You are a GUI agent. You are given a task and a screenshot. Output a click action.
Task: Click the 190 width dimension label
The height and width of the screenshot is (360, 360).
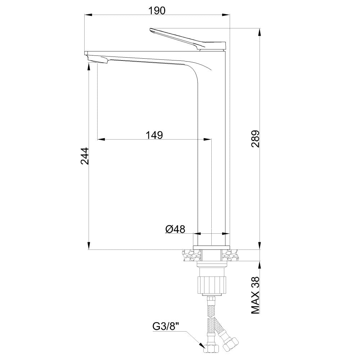[x=157, y=10]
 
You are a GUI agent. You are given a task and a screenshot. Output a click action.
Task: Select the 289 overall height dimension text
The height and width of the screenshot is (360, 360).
[x=255, y=139]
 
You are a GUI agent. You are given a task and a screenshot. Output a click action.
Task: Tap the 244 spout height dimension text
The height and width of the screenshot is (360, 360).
[x=85, y=156]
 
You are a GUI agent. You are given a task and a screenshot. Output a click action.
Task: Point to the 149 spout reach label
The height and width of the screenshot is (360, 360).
[x=154, y=135]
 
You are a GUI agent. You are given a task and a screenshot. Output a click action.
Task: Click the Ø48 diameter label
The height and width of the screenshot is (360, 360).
[x=175, y=229]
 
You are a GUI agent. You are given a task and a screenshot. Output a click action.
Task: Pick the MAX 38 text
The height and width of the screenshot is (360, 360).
[x=255, y=295]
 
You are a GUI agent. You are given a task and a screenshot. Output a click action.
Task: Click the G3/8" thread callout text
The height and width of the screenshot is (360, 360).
[x=166, y=327]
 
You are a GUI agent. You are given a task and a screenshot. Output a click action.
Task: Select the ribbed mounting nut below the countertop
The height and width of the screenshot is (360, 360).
[x=212, y=285]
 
